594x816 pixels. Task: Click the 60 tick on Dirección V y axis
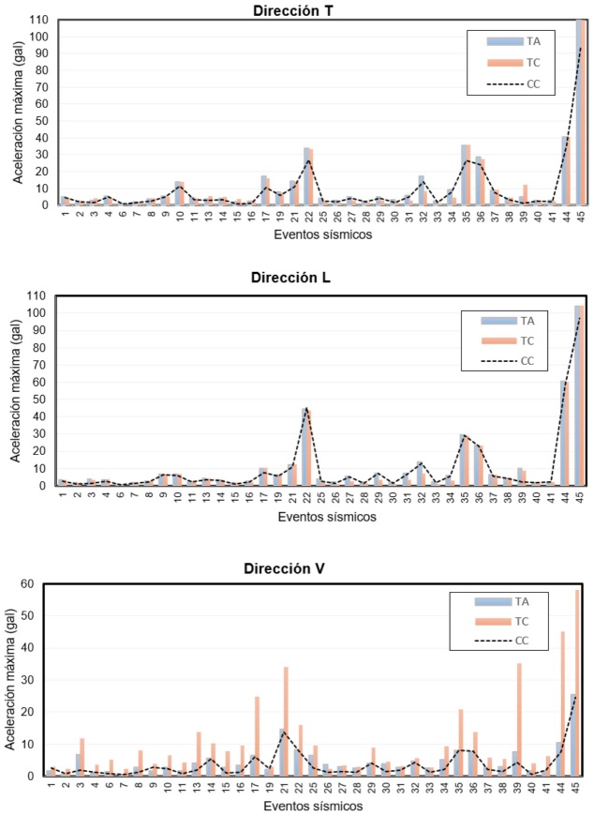38,584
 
